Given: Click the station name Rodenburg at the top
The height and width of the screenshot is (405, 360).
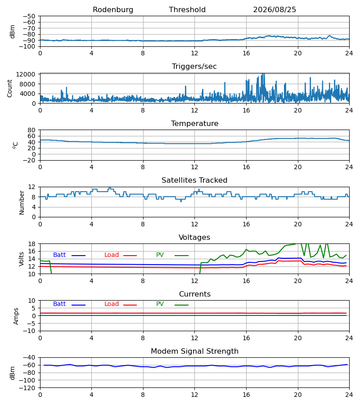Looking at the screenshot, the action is [x=113, y=10].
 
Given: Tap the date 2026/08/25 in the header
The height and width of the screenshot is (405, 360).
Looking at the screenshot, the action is [x=274, y=10].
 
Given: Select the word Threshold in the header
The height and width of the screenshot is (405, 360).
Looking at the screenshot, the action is [x=187, y=10].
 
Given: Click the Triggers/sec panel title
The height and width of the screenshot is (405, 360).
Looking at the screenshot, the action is [x=194, y=67].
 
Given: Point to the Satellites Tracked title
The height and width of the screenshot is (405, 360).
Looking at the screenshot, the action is [x=194, y=180].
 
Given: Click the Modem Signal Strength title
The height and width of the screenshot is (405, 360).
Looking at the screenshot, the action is [x=194, y=351].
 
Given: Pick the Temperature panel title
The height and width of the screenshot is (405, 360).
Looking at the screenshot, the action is [x=194, y=123].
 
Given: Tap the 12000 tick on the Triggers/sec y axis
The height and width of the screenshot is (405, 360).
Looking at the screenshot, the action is [x=26, y=74].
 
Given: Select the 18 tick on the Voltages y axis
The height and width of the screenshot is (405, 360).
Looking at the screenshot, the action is [x=32, y=244].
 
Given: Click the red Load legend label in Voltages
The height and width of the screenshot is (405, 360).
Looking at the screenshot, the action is [x=112, y=255].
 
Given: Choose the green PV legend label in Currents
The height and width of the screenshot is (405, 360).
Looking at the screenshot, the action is [x=160, y=304].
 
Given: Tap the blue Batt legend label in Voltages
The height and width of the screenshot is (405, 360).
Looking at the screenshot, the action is [x=59, y=255].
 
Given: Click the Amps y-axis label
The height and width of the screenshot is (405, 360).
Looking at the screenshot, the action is [x=16, y=316].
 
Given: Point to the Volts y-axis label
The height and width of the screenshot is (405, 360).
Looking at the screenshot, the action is [x=21, y=259].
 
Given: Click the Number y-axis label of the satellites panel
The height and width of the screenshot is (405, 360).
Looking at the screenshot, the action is [x=22, y=203].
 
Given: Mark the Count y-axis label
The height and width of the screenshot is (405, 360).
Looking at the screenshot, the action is [x=9, y=89].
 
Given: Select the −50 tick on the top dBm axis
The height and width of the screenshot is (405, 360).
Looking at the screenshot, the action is [x=29, y=16].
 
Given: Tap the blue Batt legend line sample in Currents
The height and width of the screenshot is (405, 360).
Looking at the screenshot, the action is [x=78, y=305].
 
